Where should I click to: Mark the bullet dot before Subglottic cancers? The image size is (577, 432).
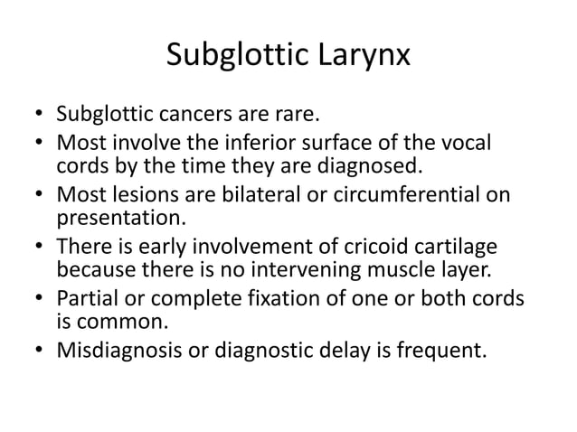tap(39, 116)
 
